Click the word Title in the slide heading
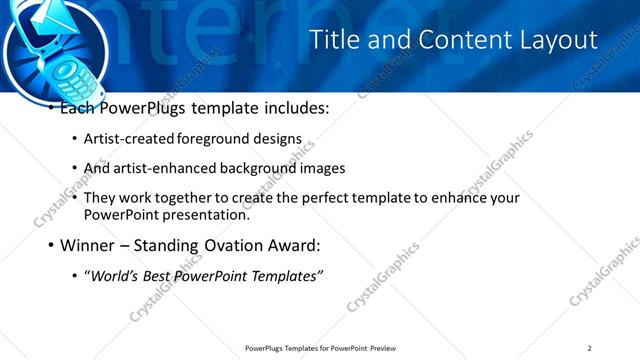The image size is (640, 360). [x=332, y=40]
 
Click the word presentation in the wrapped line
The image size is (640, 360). [x=194, y=214]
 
